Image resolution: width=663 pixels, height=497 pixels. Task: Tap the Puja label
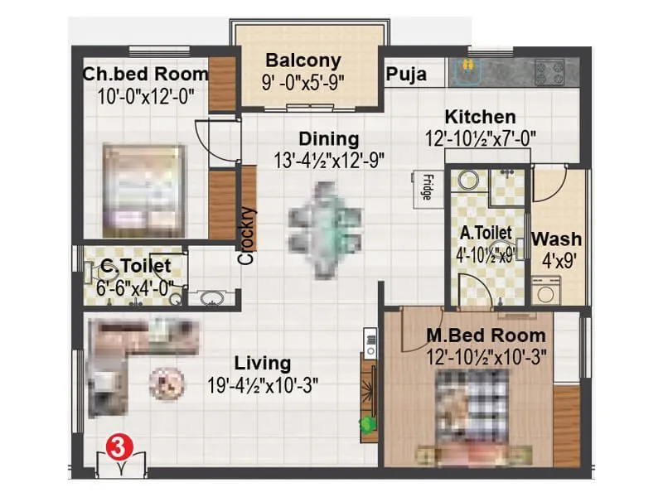click(x=406, y=75)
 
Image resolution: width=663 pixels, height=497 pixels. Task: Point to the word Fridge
click(x=426, y=186)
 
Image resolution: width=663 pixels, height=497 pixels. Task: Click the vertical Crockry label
click(x=247, y=235)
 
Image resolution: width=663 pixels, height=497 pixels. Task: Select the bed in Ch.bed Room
click(x=143, y=190)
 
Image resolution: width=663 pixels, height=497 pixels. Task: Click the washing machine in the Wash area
click(x=547, y=290)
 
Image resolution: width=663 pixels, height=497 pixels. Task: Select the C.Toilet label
click(x=136, y=266)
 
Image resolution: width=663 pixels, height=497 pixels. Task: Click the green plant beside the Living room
click(x=365, y=423)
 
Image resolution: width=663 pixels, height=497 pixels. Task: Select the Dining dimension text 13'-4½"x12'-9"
click(x=330, y=159)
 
